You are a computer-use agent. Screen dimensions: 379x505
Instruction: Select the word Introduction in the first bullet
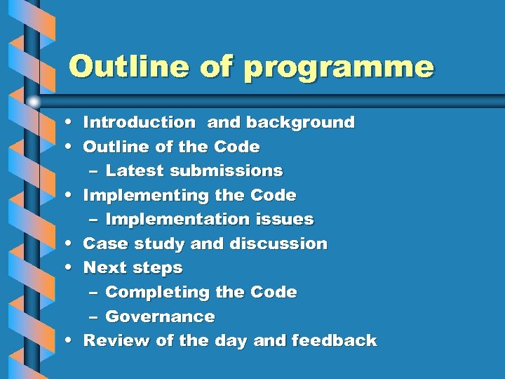(x=139, y=123)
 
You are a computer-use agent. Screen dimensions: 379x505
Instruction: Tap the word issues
(x=283, y=220)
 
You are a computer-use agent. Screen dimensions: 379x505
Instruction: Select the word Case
(x=102, y=244)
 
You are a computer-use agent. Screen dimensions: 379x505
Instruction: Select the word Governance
(x=160, y=317)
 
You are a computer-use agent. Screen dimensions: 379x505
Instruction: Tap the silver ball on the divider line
(x=34, y=101)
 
